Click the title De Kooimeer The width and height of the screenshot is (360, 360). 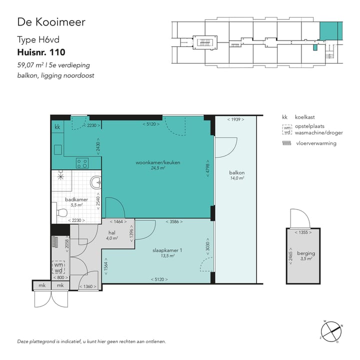point(51,22)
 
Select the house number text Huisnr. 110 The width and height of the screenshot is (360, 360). point(41,52)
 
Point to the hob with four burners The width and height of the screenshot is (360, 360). point(82,163)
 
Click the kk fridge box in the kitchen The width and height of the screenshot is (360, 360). point(57,127)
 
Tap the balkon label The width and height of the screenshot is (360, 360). point(236,173)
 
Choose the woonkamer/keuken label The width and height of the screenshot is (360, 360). point(158,163)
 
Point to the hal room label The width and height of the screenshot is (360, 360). point(112,233)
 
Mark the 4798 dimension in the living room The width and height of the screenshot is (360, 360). point(206,170)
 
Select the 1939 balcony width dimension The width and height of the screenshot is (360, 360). point(235,119)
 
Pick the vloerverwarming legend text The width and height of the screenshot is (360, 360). point(315,143)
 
